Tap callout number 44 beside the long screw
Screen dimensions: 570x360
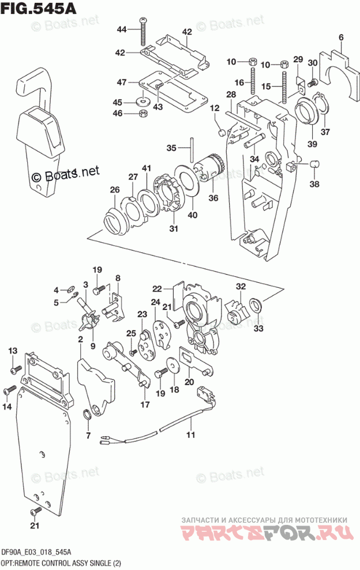[x=121, y=29]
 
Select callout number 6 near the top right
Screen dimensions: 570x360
[x=341, y=39]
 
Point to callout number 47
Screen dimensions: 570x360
[x=121, y=82]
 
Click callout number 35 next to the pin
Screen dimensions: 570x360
[x=171, y=148]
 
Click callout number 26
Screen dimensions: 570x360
[x=114, y=189]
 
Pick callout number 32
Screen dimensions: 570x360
[x=241, y=286]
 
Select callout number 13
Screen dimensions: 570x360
[x=13, y=351]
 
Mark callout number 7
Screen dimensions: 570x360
[x=88, y=434]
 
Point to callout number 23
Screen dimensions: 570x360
[x=142, y=314]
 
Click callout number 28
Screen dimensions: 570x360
[x=231, y=94]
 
